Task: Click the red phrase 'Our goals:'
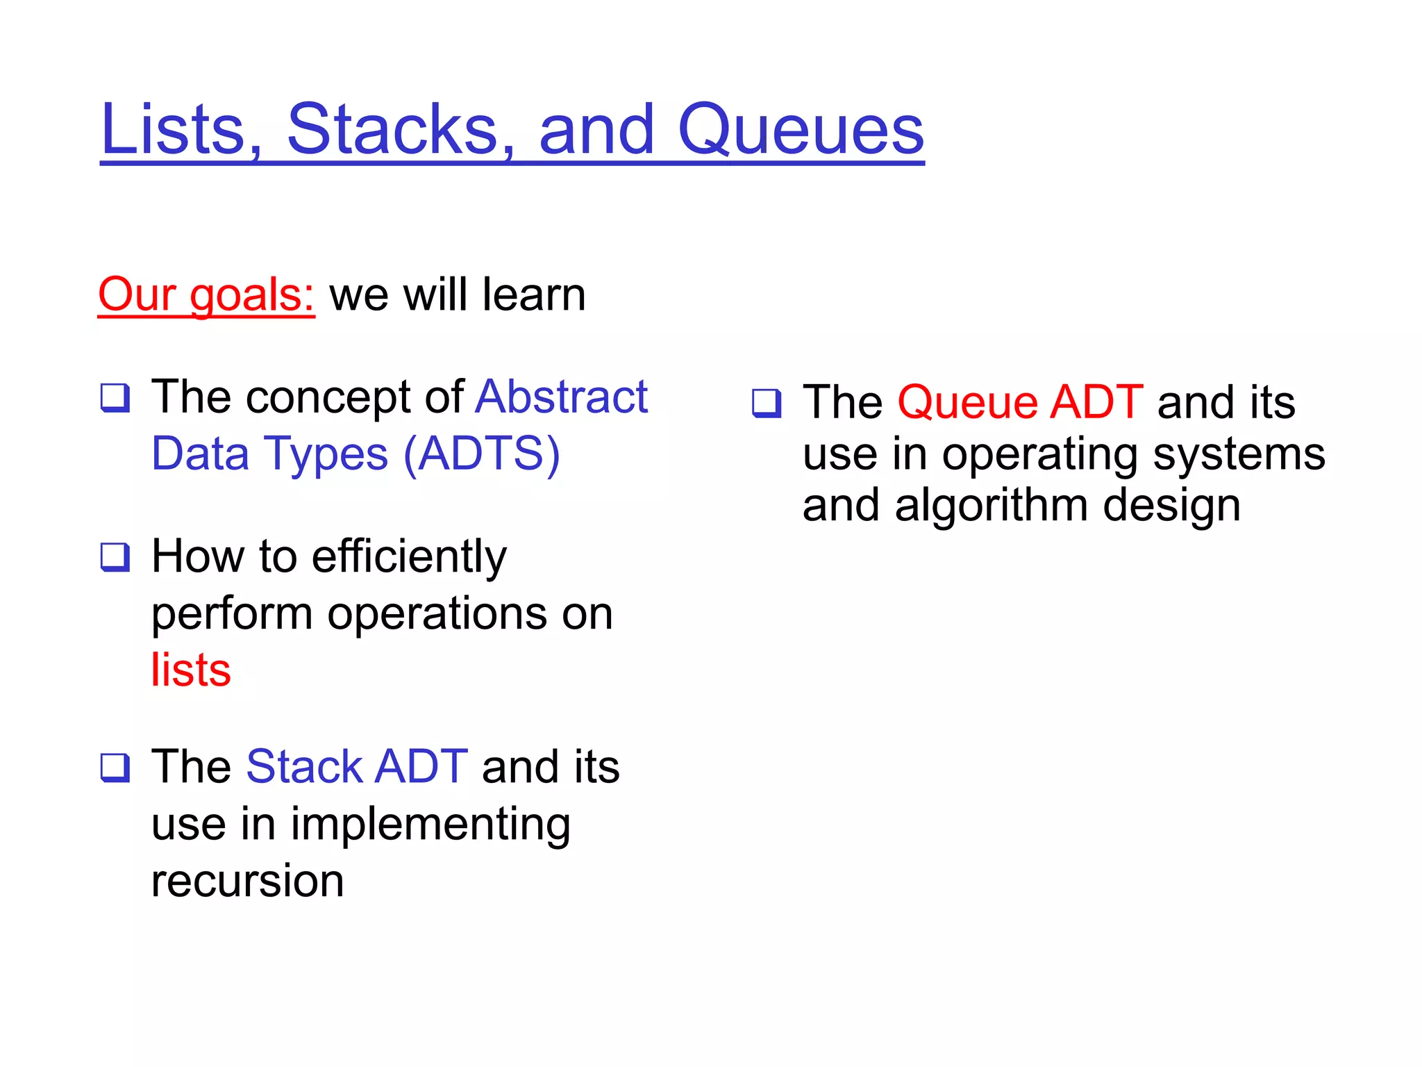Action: [206, 295]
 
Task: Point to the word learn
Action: [534, 295]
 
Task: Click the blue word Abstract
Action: [561, 397]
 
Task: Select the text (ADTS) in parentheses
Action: [481, 454]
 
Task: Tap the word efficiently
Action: [409, 557]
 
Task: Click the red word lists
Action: [191, 670]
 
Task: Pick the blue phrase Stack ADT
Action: [357, 767]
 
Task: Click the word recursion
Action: [248, 881]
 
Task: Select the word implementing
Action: [430, 825]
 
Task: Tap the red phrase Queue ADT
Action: [1020, 402]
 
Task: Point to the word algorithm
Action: [991, 505]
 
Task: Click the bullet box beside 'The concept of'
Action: [115, 398]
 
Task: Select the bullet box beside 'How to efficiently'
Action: [115, 557]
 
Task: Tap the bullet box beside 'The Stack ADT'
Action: [115, 768]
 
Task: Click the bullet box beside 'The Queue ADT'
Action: [767, 403]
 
